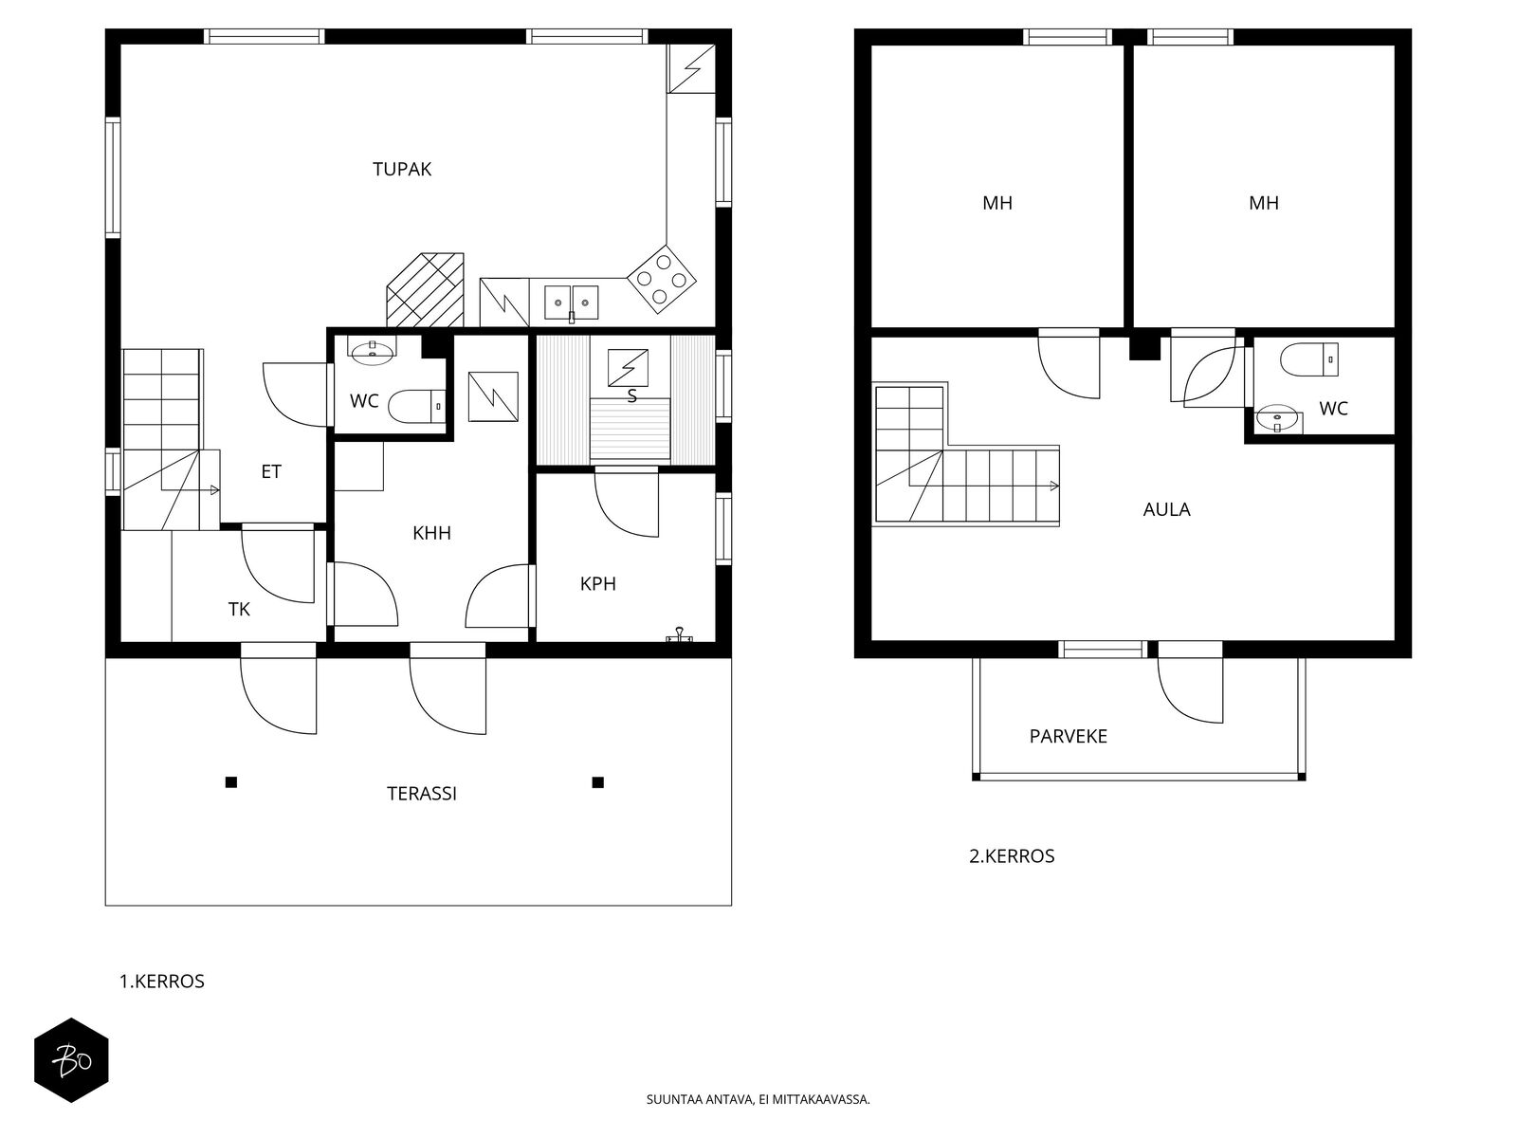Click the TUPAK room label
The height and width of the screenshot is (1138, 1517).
coord(402,170)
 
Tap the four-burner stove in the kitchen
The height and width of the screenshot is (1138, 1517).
coord(662,279)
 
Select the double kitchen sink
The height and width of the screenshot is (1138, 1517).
coord(571,303)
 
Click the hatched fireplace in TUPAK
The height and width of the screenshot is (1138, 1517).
coord(425,289)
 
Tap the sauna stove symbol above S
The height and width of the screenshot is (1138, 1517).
coord(628,368)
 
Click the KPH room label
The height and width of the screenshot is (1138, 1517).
coord(598,584)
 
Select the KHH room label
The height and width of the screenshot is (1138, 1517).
coord(432,533)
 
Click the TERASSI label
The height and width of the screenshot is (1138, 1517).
coord(422,794)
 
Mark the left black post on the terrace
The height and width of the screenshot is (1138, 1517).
coord(231,782)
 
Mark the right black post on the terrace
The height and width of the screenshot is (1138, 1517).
coord(598,782)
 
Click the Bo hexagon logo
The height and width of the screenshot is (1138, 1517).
coord(71,1060)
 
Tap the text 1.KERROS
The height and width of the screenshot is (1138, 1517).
coord(162,982)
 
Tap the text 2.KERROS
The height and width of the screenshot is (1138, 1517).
coord(1012,856)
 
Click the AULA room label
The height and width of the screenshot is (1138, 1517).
coord(1166,510)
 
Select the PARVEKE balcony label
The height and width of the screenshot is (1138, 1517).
coord(1069,737)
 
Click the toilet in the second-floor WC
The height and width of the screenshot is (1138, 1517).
coord(1309,359)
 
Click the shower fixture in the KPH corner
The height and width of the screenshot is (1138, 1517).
coord(680,635)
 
